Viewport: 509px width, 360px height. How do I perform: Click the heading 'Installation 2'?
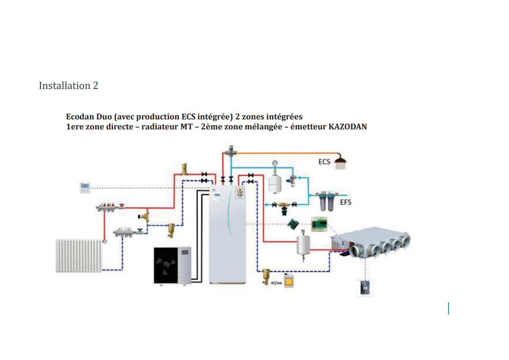pos(69,85)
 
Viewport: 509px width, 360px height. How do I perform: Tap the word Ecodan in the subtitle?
pos(80,117)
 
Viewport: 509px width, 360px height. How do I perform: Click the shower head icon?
pos(340,162)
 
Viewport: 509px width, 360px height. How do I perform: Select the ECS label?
pos(324,161)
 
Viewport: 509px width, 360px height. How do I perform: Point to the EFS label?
pos(346,202)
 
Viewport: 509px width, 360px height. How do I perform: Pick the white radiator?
pos(79,256)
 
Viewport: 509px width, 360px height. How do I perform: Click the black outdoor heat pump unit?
pos(173,266)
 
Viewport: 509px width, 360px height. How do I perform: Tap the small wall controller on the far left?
pos(85,187)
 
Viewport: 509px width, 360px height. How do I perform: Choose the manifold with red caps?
pos(110,207)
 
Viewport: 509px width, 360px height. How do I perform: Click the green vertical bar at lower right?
pos(448,308)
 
